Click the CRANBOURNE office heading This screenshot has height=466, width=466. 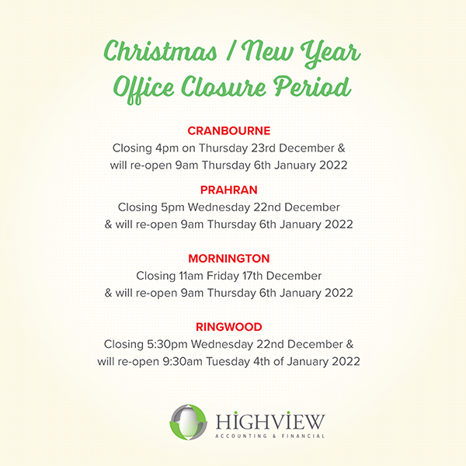(x=229, y=130)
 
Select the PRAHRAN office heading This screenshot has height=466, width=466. (x=229, y=190)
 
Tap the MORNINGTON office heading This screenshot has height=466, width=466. (x=229, y=259)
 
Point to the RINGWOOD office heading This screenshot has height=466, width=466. (x=229, y=327)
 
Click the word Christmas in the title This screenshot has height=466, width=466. (x=161, y=51)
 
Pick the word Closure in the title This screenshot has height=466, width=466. (x=224, y=87)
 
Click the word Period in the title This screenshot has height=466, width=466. (x=312, y=86)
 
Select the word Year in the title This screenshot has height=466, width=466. (x=331, y=54)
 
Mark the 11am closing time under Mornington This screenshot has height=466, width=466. (x=191, y=276)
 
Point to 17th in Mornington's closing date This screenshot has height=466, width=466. (x=252, y=276)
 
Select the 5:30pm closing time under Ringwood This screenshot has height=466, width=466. (x=167, y=344)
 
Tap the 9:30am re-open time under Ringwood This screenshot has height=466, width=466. (x=183, y=362)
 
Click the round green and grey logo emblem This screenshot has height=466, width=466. (x=188, y=422)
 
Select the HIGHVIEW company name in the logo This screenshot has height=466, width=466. (x=270, y=421)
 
